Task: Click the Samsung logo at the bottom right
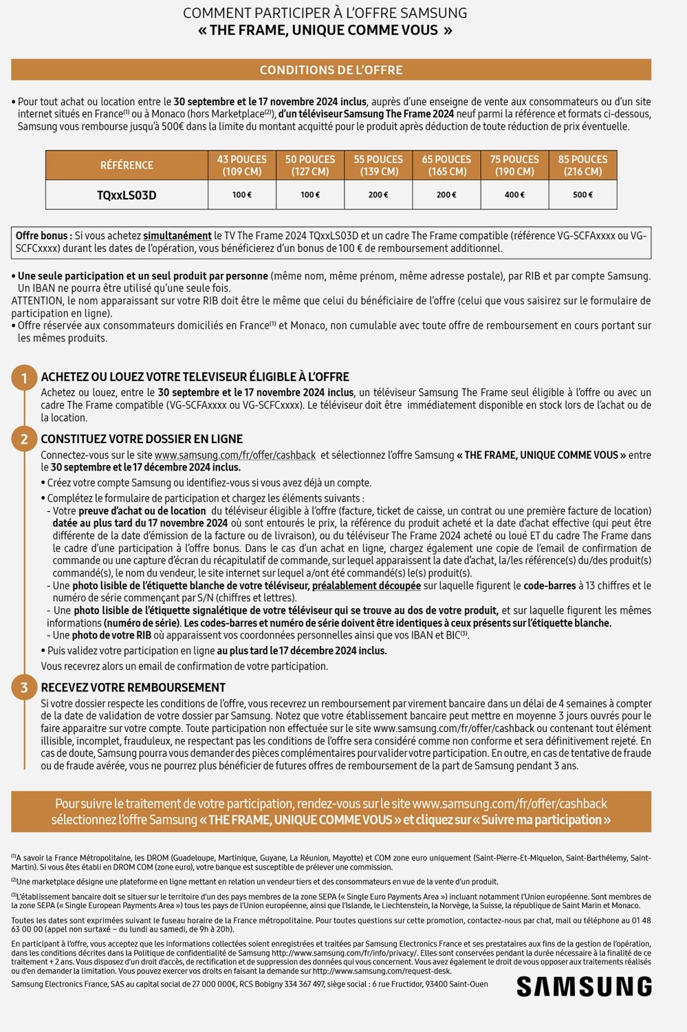tap(584, 987)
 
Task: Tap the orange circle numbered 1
tap(24, 378)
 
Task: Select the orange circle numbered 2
tap(24, 440)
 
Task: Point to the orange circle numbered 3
tap(24, 688)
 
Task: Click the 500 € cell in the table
tap(582, 195)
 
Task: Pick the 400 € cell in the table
tap(514, 195)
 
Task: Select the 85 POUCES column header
tap(582, 165)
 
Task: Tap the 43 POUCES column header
tap(242, 165)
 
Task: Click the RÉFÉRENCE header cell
tap(127, 165)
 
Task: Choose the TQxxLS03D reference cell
tap(127, 195)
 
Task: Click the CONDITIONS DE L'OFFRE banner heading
tap(331, 70)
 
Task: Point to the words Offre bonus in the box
tap(43, 236)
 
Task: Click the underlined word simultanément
tap(177, 236)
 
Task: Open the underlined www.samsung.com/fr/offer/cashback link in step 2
tap(235, 455)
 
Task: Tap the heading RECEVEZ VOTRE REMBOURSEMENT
tap(133, 688)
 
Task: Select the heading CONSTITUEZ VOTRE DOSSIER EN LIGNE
tap(142, 439)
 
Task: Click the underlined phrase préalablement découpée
tap(367, 586)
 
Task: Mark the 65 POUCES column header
tap(446, 165)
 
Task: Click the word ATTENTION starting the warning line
tap(37, 301)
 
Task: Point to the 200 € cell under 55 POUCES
tap(378, 195)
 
